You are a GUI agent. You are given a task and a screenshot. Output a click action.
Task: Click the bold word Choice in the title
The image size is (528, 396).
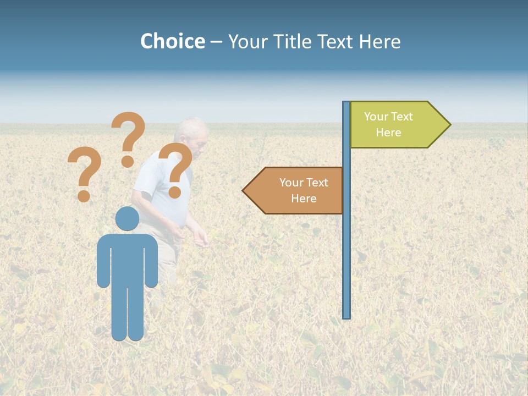pyautogui.click(x=172, y=41)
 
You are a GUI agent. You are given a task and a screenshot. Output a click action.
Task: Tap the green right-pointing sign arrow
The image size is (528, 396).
pyautogui.click(x=396, y=125)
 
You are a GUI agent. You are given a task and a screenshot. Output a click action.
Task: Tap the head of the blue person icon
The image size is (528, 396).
pyautogui.click(x=127, y=218)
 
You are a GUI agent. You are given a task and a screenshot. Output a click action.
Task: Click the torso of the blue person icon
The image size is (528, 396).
pyautogui.click(x=127, y=258)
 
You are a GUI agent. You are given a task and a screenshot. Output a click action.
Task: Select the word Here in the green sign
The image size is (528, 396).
pyautogui.click(x=388, y=133)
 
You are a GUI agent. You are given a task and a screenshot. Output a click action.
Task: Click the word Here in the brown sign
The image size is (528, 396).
pyautogui.click(x=304, y=199)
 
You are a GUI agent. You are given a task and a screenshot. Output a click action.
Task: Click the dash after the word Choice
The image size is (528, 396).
pyautogui.click(x=216, y=42)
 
